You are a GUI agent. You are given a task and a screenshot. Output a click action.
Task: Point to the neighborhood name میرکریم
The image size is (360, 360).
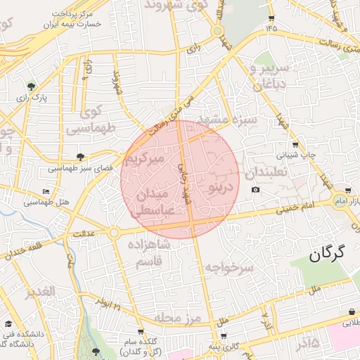144,160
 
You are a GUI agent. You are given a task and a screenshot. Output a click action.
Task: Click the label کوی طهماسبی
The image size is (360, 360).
90,120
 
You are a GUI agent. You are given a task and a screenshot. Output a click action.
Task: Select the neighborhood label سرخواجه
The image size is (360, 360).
229,267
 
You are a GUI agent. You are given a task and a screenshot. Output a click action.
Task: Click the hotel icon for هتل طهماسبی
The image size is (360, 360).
46,191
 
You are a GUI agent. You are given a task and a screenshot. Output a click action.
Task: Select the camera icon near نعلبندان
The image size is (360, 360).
255,190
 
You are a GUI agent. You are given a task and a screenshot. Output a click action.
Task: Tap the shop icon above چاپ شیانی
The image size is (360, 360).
295,144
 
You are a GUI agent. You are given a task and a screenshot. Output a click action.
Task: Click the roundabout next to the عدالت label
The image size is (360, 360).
113,233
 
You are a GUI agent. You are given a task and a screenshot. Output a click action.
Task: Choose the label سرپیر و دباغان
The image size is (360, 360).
267,77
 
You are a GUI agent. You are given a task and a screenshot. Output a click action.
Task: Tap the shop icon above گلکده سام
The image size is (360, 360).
141,331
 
